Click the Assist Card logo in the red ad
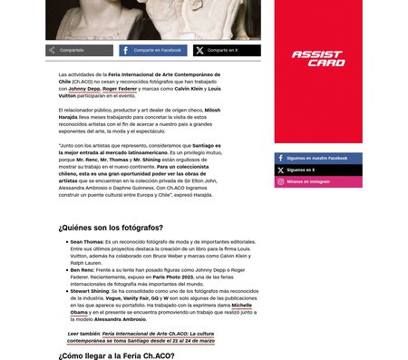pyautogui.click(x=317, y=59)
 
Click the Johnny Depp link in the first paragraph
pyautogui.click(x=84, y=90)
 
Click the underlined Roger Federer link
pyautogui.click(x=120, y=90)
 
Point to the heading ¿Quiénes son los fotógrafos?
pyautogui.click(x=111, y=227)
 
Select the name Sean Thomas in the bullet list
pyautogui.click(x=86, y=242)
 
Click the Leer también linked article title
pyautogui.click(x=159, y=336)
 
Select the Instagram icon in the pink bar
pyautogui.click(x=280, y=181)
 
